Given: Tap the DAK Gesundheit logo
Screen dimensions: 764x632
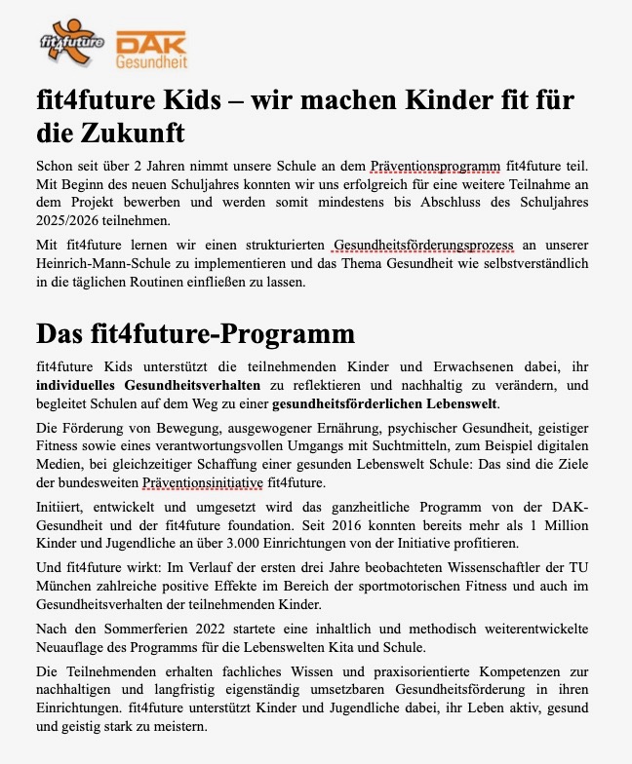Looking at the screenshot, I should pos(151,49).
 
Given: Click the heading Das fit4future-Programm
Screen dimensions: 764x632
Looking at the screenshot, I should pos(195,333).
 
